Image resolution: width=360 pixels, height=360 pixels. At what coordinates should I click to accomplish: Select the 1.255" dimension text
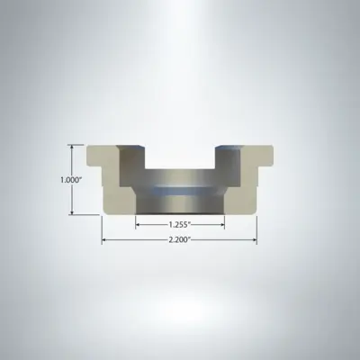180,224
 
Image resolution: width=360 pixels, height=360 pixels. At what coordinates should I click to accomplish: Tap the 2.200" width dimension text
180,240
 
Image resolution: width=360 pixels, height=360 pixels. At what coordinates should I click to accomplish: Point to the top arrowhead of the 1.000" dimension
71,148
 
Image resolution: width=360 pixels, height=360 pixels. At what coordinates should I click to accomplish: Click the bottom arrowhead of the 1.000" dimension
71,212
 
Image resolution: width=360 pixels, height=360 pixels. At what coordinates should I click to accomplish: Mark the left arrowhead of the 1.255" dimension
139,224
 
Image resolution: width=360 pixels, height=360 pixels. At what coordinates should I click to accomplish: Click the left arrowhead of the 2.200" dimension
104,240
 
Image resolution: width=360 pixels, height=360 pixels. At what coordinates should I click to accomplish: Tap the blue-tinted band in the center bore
180,192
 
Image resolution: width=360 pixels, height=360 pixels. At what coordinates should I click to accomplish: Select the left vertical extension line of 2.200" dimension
103,229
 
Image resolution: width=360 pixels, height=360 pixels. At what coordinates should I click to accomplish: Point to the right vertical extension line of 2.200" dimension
257,229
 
